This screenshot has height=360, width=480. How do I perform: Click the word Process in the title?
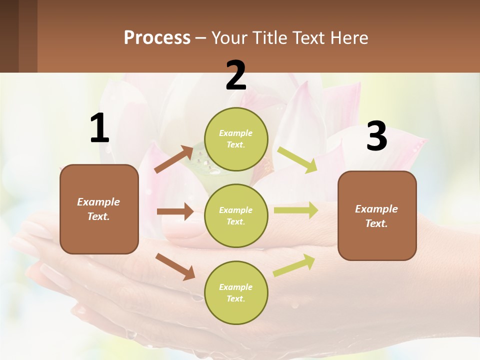pos(157,38)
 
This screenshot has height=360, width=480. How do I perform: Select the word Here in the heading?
pos(348,38)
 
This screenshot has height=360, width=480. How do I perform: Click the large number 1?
pos(99,128)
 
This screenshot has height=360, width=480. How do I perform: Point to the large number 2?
pos(236,75)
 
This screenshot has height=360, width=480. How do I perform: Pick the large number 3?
pos(376,136)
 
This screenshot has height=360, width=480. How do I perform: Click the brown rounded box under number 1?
pos(99,209)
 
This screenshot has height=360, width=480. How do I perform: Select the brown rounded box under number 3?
pos(377,215)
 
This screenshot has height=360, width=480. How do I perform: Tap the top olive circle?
pos(236,139)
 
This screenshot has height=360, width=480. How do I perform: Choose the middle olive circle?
pos(236,215)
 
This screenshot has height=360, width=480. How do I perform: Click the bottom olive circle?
pos(236,292)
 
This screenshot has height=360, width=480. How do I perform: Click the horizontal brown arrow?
pos(175,211)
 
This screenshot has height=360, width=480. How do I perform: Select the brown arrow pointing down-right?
pos(175,266)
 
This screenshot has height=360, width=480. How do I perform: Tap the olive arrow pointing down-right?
pos(297,160)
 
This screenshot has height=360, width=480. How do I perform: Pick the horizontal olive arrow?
pos(296,210)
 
